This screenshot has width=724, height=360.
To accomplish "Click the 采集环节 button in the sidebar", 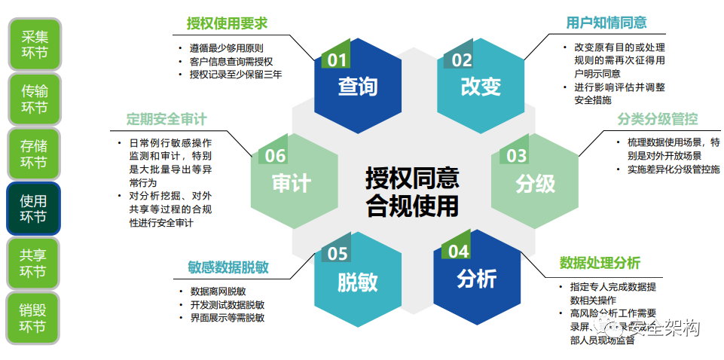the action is (x=34, y=44).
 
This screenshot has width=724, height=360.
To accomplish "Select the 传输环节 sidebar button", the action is (x=34, y=99).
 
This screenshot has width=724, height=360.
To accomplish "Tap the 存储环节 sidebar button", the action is (x=34, y=154).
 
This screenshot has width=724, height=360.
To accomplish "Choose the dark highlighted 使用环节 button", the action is (x=34, y=209).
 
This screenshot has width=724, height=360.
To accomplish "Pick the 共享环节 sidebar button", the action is (x=34, y=264).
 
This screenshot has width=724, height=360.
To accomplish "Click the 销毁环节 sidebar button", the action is (x=34, y=318).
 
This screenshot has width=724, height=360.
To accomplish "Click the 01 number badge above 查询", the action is (x=336, y=60).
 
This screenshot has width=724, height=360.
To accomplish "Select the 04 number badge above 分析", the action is (x=458, y=252).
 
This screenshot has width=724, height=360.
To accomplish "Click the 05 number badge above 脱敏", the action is (x=336, y=255).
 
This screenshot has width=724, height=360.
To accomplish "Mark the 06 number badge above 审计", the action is (x=274, y=156).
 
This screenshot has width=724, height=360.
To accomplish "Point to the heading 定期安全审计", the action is (x=166, y=120).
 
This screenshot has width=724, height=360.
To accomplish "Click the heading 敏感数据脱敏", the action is (x=228, y=267).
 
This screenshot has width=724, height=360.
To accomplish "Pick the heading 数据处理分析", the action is (x=600, y=263).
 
